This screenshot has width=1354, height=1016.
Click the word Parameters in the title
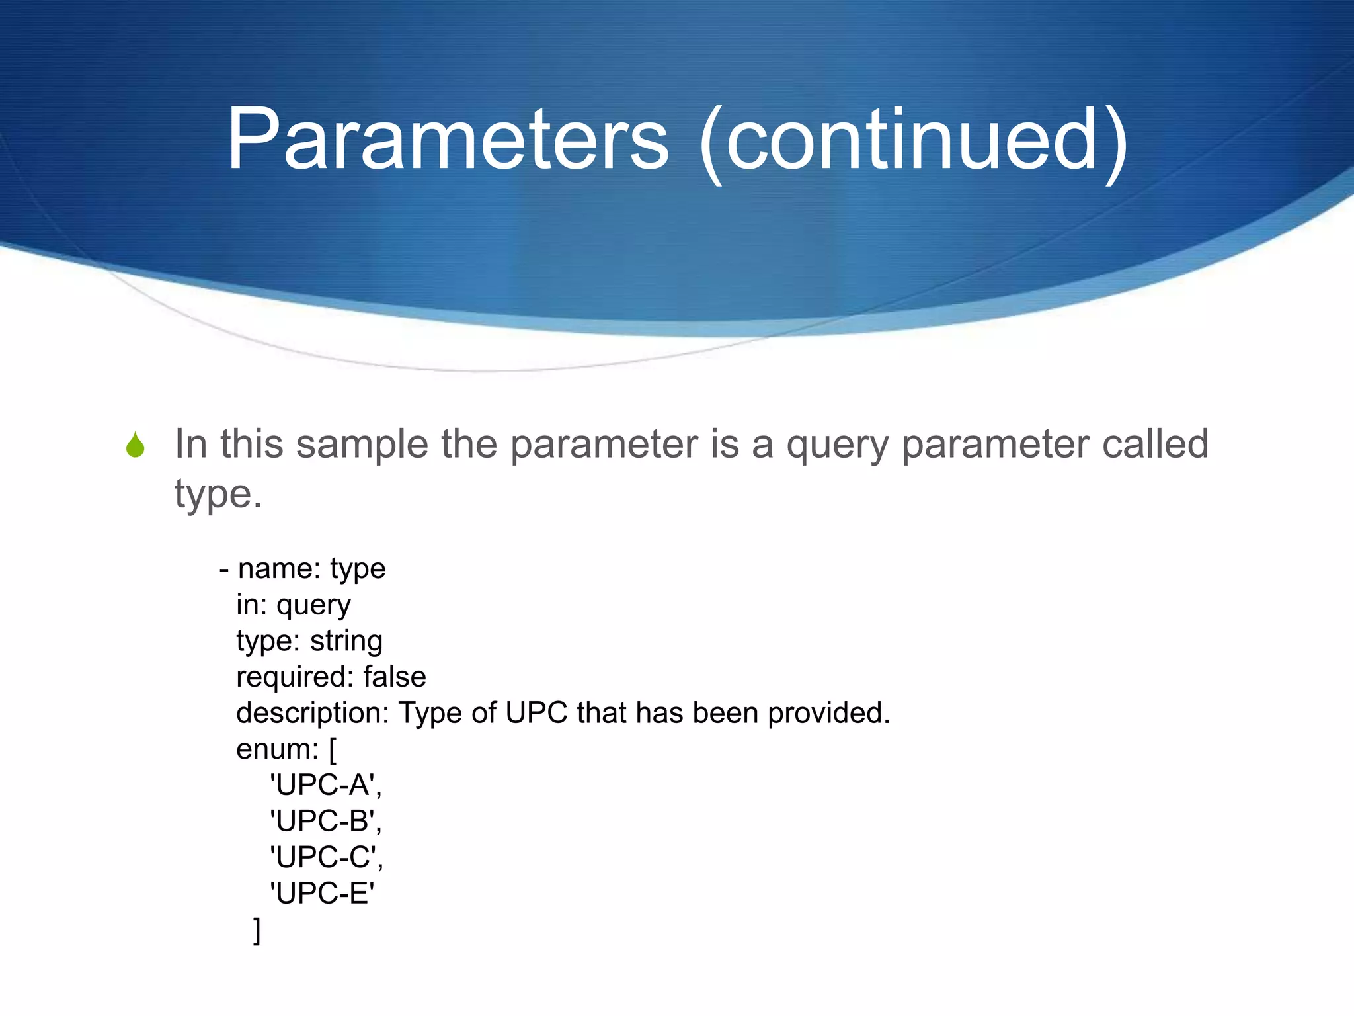(448, 140)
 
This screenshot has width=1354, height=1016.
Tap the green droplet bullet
(136, 445)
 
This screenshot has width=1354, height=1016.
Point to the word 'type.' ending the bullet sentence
(218, 494)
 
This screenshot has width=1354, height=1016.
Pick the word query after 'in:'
(313, 606)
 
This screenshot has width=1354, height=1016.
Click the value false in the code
(395, 677)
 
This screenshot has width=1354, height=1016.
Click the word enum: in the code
(278, 749)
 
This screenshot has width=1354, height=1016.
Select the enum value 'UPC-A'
(325, 785)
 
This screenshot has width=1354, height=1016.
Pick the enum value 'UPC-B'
(325, 822)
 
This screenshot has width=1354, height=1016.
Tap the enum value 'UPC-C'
(325, 858)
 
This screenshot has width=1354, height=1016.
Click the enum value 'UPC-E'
(322, 894)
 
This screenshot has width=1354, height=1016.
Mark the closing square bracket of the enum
(257, 931)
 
